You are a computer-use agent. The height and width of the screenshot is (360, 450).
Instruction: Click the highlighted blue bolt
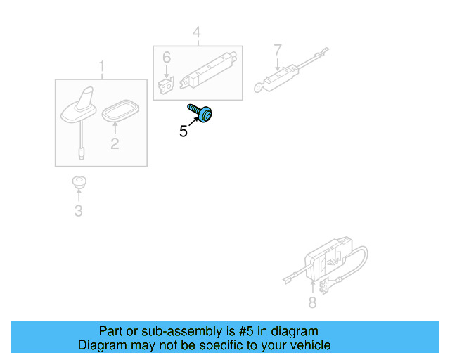tap(200, 113)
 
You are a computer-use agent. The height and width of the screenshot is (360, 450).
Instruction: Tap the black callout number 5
tap(183, 131)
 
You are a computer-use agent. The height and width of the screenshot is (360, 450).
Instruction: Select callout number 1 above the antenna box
tap(101, 66)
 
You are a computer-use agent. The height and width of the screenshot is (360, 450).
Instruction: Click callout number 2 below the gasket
tap(115, 143)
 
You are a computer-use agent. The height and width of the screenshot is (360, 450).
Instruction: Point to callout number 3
tap(78, 211)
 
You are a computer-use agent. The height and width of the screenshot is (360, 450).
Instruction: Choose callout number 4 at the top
tap(197, 32)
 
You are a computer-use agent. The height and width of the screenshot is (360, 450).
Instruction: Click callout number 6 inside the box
tap(167, 58)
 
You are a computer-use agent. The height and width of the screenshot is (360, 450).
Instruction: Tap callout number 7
tap(278, 50)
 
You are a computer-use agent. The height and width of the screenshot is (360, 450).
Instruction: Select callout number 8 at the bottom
tap(312, 302)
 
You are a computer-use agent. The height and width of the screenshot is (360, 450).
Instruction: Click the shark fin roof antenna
tap(79, 108)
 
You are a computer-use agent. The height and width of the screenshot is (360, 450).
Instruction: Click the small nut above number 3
tap(79, 182)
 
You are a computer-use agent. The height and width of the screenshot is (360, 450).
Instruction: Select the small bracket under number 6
tap(166, 85)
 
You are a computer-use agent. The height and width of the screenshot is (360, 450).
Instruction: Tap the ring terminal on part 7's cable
tap(259, 87)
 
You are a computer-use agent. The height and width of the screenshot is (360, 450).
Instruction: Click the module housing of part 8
tap(328, 258)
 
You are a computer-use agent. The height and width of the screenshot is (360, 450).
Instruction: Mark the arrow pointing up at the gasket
tap(115, 129)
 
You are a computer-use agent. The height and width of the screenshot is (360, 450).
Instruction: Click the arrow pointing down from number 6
tap(166, 71)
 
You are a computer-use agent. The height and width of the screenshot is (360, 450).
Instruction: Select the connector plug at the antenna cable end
tap(82, 153)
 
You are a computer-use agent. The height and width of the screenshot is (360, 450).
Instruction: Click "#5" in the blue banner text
tap(246, 331)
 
